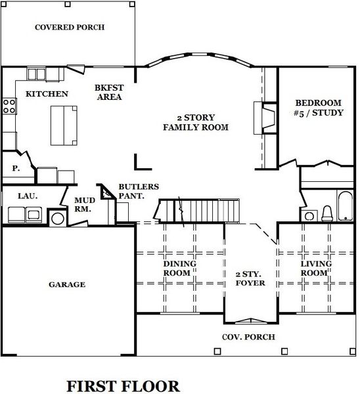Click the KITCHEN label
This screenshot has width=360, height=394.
coord(47,94)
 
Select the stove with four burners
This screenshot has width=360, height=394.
coord(9,106)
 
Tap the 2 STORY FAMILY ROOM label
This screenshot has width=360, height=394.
coord(196,122)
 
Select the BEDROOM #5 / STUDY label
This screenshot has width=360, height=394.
coord(318,108)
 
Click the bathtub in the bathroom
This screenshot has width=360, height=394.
coord(344,205)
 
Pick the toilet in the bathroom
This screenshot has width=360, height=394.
coord(326,213)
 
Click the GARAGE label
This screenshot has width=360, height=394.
coord(67,284)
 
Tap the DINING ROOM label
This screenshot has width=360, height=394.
coord(179,268)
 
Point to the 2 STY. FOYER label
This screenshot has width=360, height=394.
coord(250,278)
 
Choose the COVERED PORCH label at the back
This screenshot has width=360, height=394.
coord(70,27)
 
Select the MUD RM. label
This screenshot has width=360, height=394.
coord(83,204)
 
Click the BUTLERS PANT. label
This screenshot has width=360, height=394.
coord(133,191)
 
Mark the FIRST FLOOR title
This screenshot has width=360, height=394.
coord(123,385)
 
